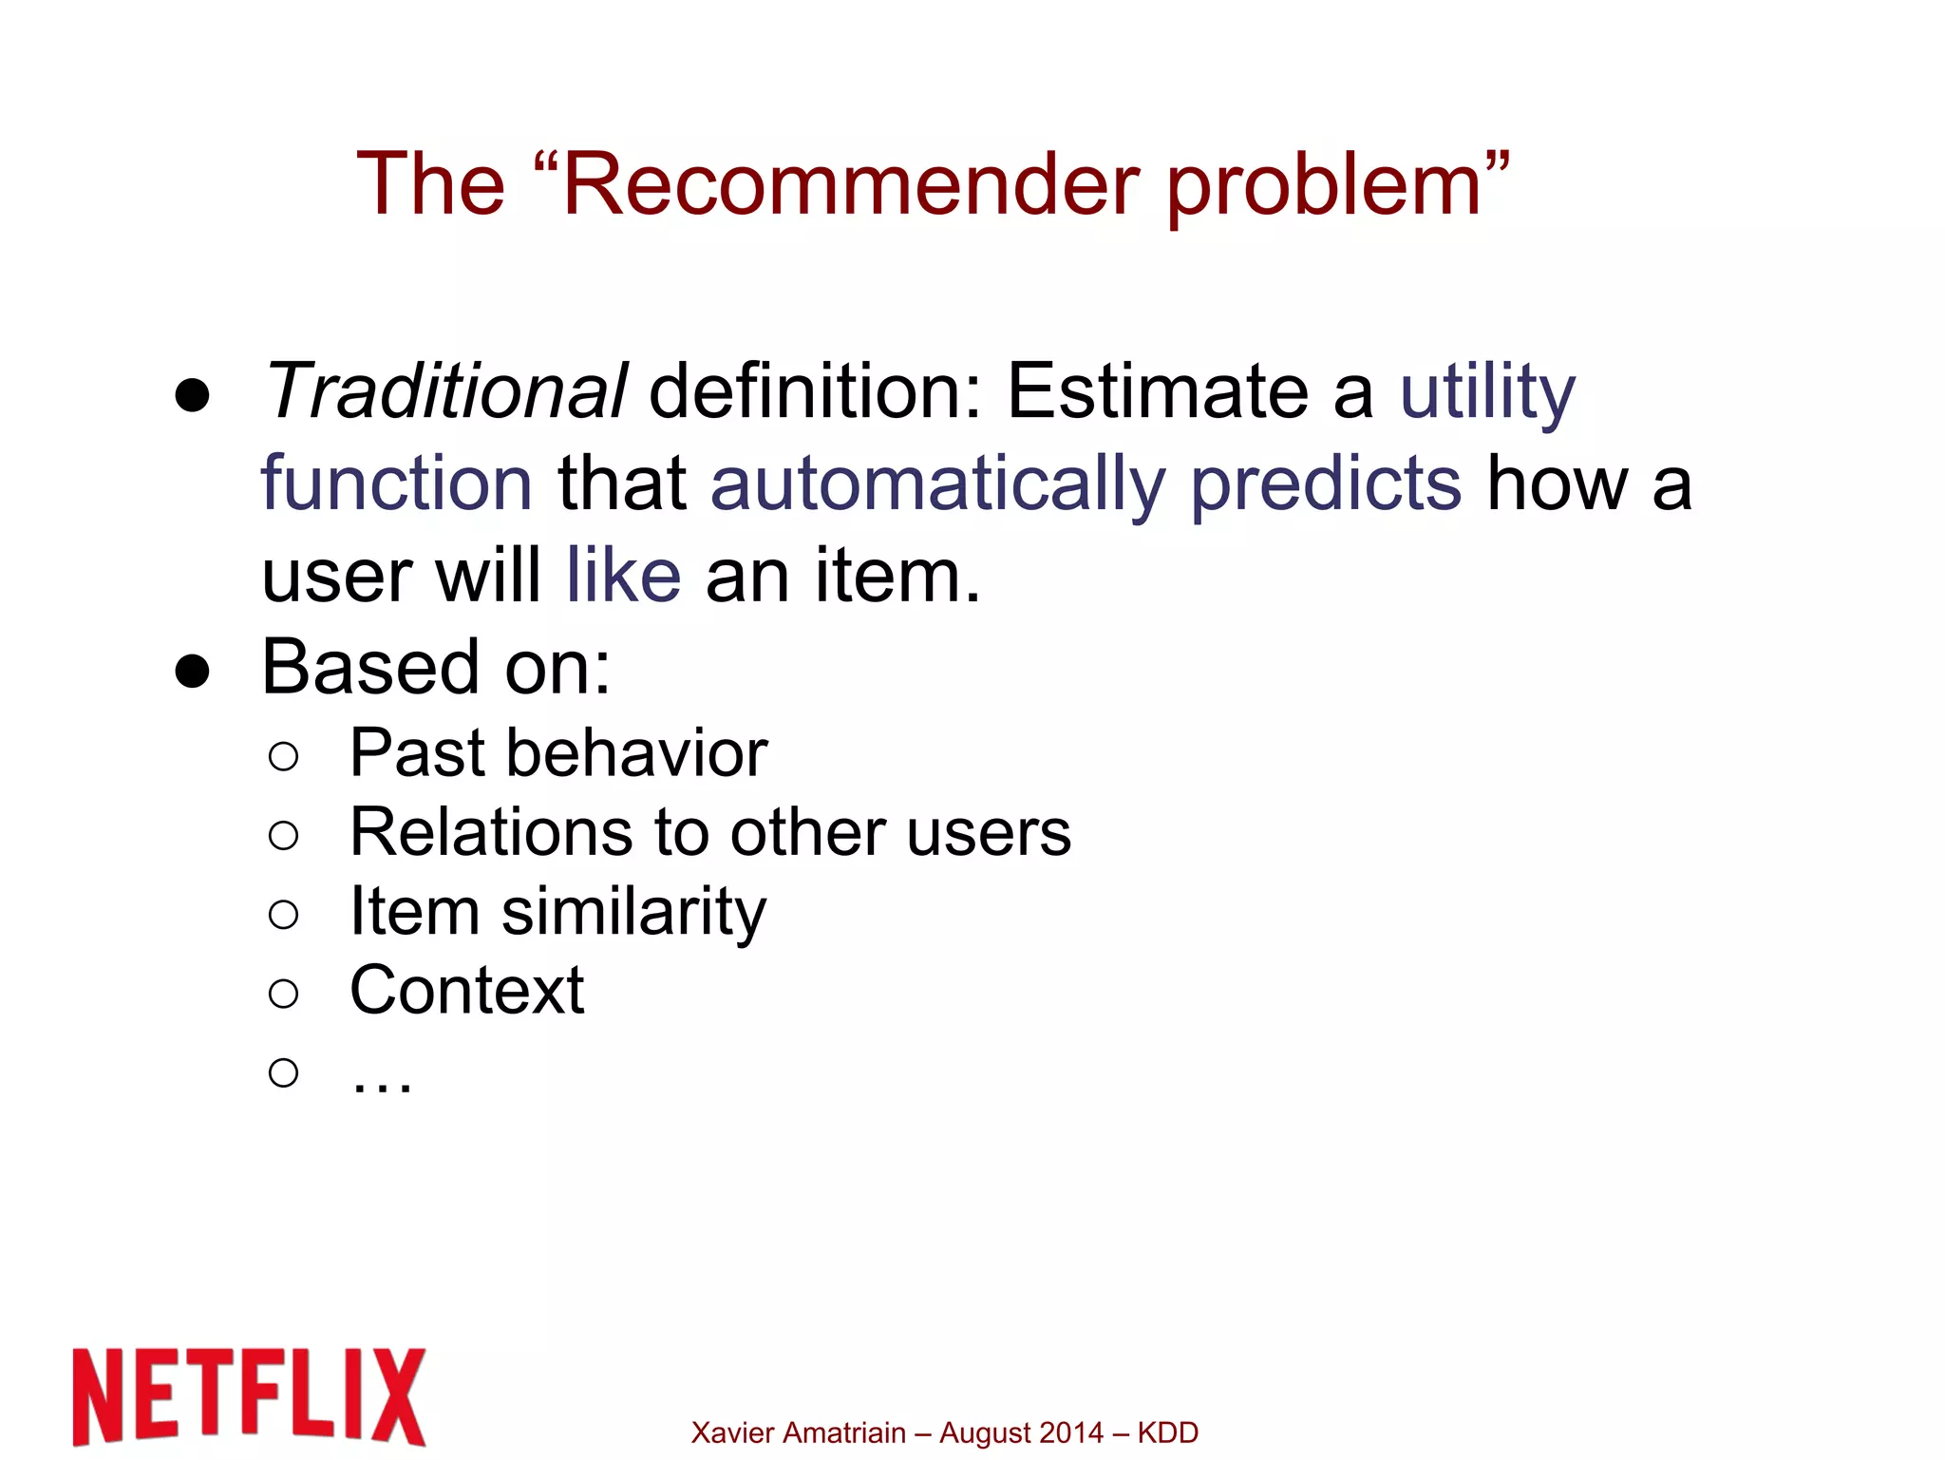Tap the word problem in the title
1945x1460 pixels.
(x=1324, y=188)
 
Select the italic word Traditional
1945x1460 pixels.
(x=444, y=390)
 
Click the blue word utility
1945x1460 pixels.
(x=1487, y=392)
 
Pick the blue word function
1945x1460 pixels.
(x=396, y=484)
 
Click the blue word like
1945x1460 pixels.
(x=623, y=576)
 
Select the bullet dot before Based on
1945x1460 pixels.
(x=192, y=672)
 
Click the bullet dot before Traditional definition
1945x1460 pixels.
(x=192, y=395)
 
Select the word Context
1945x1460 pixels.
(x=466, y=991)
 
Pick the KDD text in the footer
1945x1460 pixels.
(x=1168, y=1432)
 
